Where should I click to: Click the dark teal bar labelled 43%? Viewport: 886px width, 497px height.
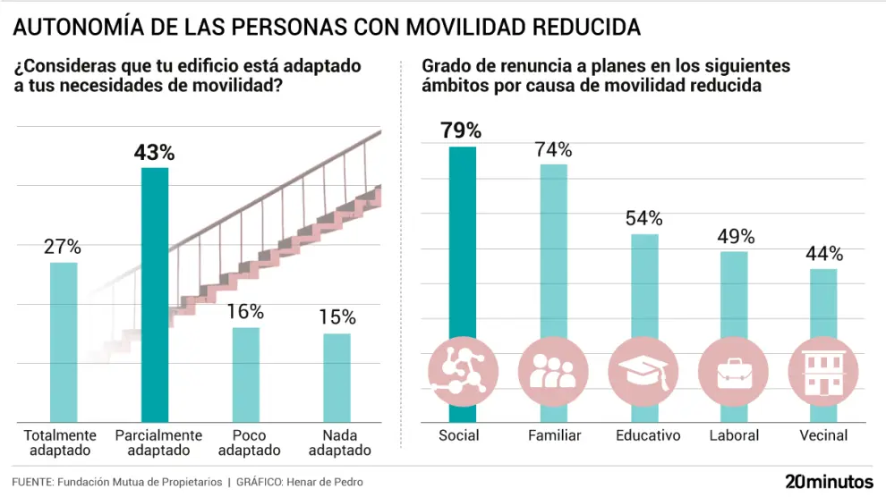[154, 295]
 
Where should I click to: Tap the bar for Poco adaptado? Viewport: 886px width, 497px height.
[245, 375]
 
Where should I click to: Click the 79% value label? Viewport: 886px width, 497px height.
[462, 130]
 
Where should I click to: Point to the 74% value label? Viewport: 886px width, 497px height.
[553, 149]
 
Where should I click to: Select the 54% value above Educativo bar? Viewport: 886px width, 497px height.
[644, 218]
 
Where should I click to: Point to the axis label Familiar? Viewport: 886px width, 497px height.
[554, 435]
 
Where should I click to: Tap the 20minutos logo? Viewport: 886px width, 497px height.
[829, 481]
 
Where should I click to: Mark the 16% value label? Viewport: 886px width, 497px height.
[245, 312]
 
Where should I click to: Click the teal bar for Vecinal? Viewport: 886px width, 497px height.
[823, 304]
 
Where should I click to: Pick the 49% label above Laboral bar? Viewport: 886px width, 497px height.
[736, 236]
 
